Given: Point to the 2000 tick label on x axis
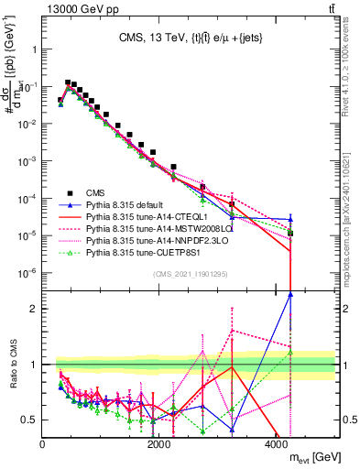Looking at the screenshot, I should pyautogui.click(x=159, y=445).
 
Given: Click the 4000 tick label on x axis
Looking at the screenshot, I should pyautogui.click(x=277, y=445).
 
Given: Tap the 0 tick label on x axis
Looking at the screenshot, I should pyautogui.click(x=43, y=445).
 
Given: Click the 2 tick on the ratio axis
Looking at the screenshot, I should pyautogui.click(x=35, y=308).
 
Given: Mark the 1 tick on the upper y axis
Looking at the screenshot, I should pyautogui.click(x=35, y=47).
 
